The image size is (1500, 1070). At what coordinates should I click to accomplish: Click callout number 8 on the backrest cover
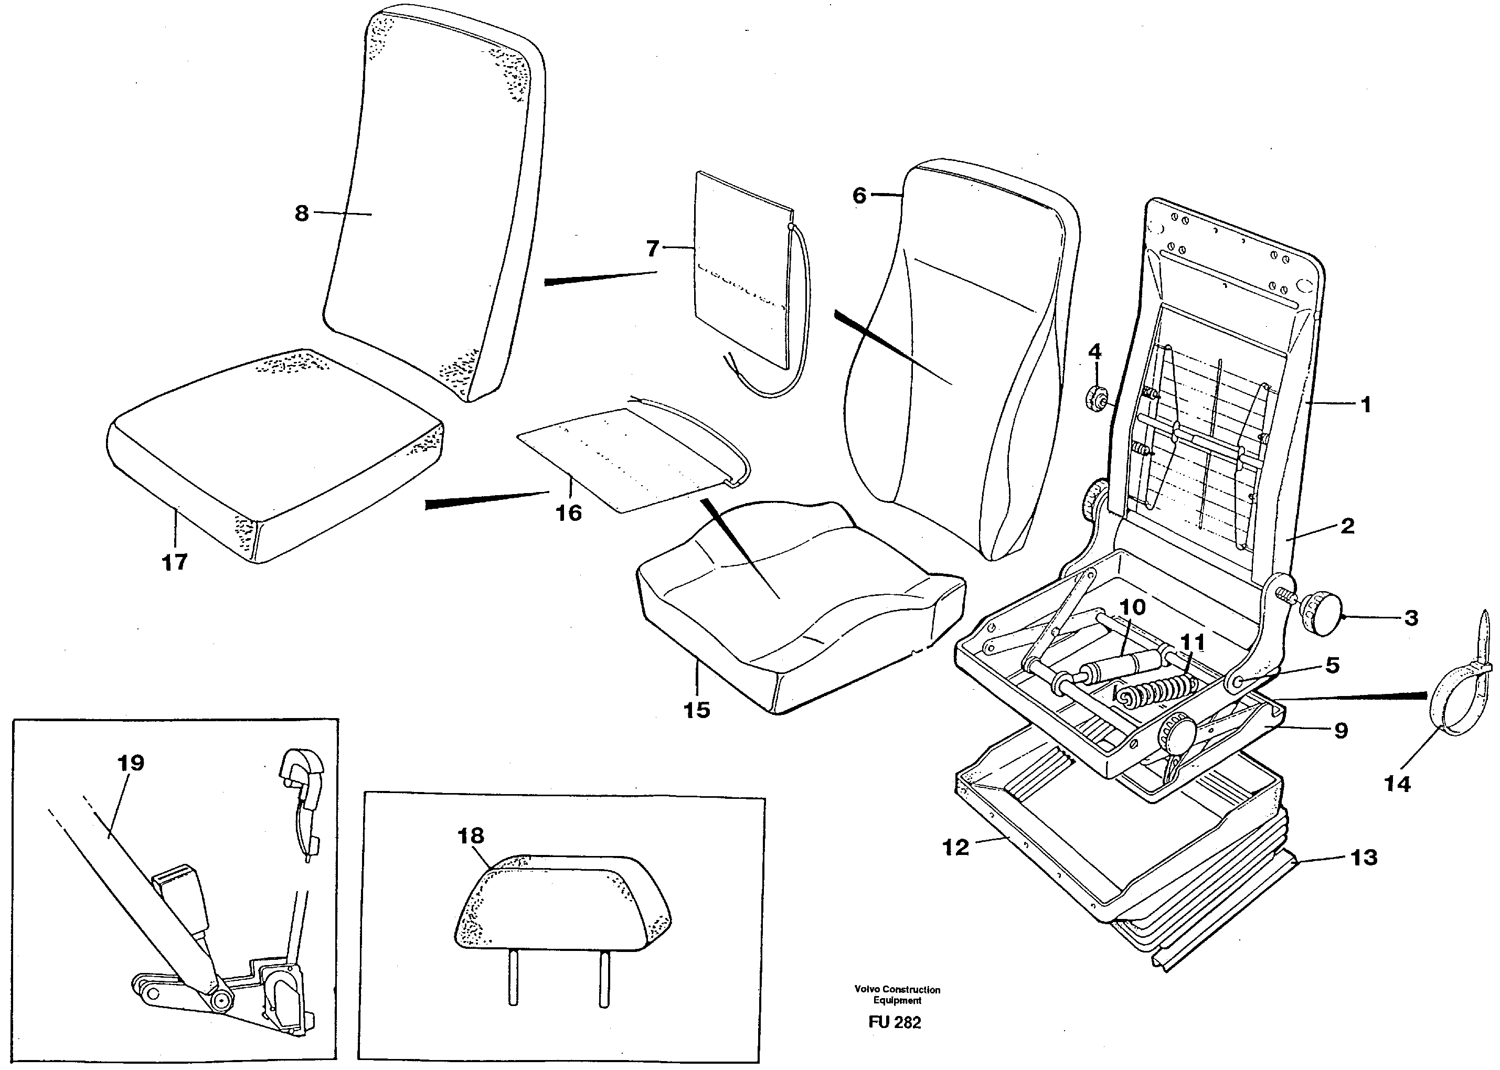click(301, 213)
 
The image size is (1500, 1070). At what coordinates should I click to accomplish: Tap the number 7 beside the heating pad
click(652, 249)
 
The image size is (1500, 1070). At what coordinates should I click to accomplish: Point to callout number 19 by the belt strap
click(131, 763)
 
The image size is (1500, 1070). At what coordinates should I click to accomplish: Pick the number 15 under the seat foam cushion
click(697, 710)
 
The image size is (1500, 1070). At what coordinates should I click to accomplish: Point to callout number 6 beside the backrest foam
click(859, 196)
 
